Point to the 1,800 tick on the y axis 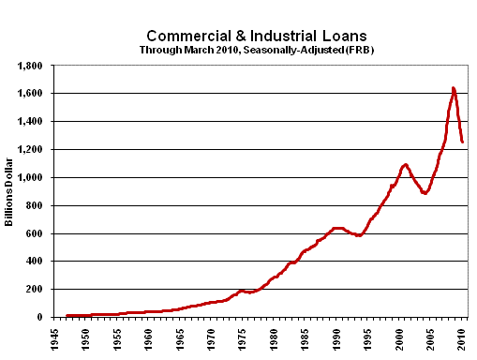[31, 67]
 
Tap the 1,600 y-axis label [31, 94]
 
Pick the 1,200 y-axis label [31, 150]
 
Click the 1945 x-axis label [55, 336]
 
